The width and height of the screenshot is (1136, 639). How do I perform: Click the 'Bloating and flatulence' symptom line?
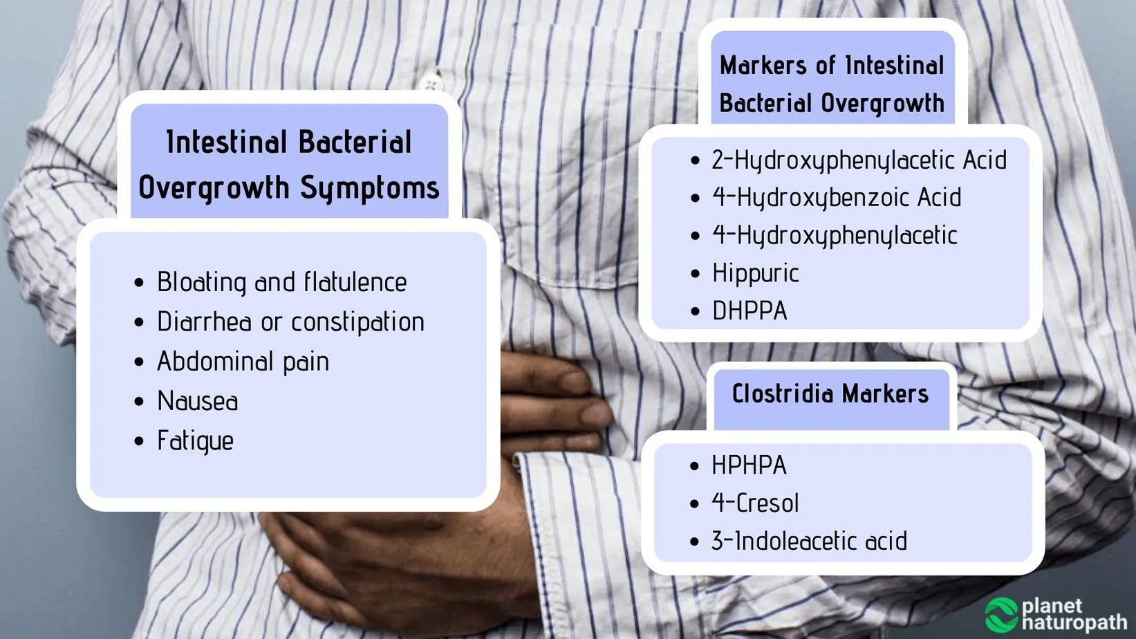pos(282,282)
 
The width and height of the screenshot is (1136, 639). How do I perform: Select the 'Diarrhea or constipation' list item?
pos(290,322)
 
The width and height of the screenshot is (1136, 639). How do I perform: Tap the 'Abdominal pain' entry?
pos(243,362)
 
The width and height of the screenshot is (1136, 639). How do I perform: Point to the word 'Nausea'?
pos(197,401)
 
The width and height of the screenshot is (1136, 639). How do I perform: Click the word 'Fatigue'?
pos(196,441)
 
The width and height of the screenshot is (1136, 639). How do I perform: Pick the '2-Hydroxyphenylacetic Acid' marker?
pos(859,160)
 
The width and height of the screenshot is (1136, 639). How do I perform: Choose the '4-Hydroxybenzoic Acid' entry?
pos(837,198)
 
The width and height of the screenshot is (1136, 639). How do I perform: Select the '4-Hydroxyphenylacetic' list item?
pos(835,235)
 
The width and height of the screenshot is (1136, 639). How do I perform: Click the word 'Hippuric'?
pos(756,273)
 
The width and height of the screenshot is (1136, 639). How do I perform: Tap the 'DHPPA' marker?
pos(749,311)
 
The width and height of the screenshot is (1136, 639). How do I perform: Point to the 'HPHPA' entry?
pos(749,465)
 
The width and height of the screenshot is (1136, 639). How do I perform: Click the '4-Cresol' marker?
pos(755,503)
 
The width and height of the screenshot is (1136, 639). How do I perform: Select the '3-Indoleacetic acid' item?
pos(810,541)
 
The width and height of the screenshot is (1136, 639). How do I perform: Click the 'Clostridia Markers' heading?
pos(830,393)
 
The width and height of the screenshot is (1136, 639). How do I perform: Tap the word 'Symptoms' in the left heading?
pos(370,188)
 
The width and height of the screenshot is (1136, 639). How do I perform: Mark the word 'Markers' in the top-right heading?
pos(764,66)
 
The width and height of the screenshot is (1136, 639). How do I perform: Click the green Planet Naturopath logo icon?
pos(1002,615)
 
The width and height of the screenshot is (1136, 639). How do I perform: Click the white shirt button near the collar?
pos(431,83)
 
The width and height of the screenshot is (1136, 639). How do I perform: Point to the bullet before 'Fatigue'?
pos(139,441)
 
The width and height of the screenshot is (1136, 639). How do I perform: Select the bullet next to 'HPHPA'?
pos(695,465)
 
